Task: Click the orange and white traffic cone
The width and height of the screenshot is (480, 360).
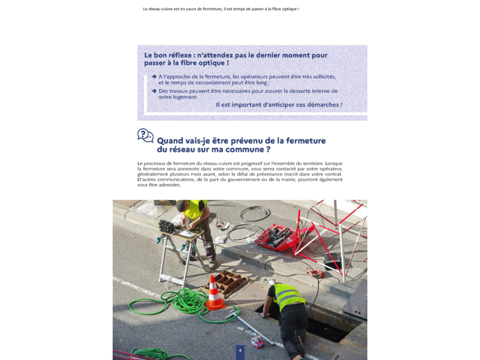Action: coord(215,294)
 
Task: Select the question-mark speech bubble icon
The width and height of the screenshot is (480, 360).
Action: coord(145,136)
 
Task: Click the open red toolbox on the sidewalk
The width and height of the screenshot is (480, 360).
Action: coord(276,237)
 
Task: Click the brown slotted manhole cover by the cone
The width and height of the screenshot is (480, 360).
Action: coord(226,283)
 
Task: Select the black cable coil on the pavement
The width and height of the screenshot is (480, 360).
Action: coord(255,214)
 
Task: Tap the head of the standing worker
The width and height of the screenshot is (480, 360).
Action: coord(182,206)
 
